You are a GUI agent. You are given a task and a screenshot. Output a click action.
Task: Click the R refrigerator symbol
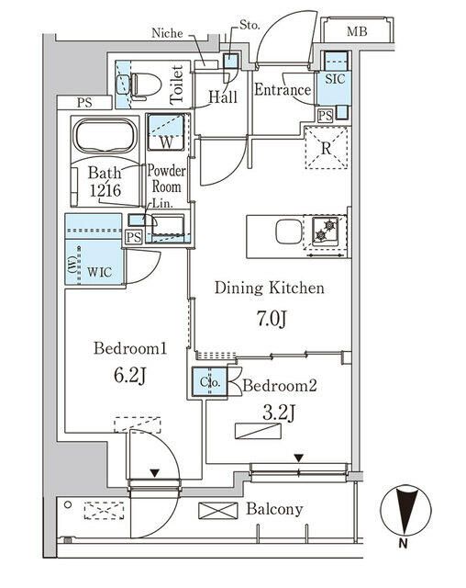pos(326,147)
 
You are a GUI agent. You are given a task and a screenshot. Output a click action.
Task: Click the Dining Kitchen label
pos(270,288)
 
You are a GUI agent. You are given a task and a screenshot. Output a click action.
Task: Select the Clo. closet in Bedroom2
pos(209,379)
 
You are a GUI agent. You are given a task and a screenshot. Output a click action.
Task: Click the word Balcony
pos(276,509)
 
